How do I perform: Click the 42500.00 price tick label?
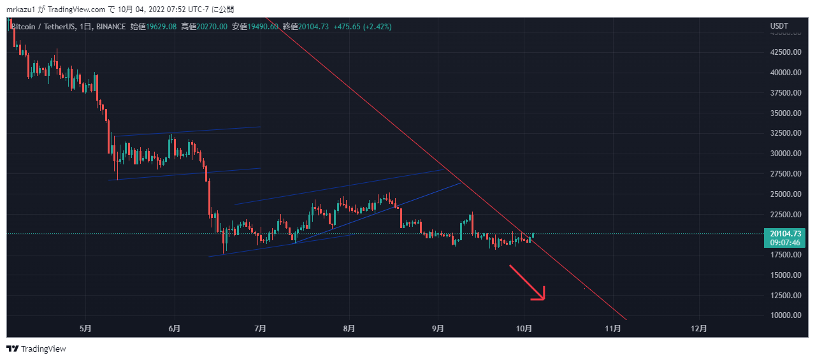point(785,52)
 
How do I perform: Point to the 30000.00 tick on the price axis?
point(785,154)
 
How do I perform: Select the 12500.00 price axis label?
point(785,296)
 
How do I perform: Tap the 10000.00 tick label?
point(785,315)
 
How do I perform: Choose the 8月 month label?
point(349,329)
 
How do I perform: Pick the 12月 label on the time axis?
point(699,329)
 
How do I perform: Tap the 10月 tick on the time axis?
point(524,329)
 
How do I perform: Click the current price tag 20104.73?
point(785,234)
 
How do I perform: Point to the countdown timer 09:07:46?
point(785,243)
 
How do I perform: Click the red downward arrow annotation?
point(528,283)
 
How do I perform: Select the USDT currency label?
point(779,26)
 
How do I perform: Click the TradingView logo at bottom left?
point(36,349)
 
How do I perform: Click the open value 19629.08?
point(162,27)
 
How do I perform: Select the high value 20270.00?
point(212,27)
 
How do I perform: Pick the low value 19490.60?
point(263,27)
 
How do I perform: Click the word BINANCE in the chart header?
point(111,27)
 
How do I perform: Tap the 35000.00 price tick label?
point(785,113)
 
